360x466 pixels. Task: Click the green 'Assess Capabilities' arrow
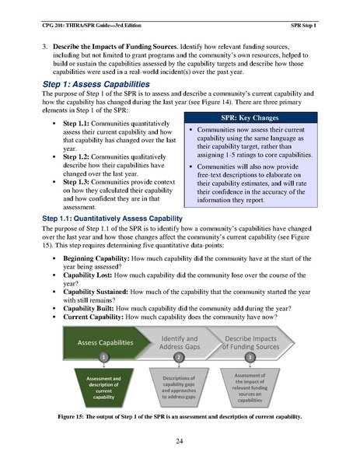point(104,342)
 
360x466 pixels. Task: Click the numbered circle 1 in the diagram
point(103,357)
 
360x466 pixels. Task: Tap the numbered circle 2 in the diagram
point(178,357)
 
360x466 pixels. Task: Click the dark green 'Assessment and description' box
point(103,387)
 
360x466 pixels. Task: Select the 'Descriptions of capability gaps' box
point(178,387)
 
